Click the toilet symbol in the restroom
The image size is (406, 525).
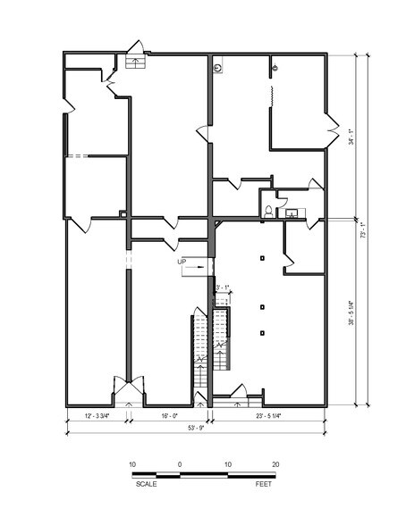268,212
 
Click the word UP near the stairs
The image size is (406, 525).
182,262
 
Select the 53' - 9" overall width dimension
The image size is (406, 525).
194,429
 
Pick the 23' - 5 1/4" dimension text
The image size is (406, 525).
268,415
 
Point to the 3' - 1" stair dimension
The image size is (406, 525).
223,287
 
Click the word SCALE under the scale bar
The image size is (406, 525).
147,483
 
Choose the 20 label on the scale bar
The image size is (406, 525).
275,464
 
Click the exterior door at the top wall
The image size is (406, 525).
137,51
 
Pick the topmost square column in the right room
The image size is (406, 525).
261,258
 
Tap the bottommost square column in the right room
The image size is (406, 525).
261,333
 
